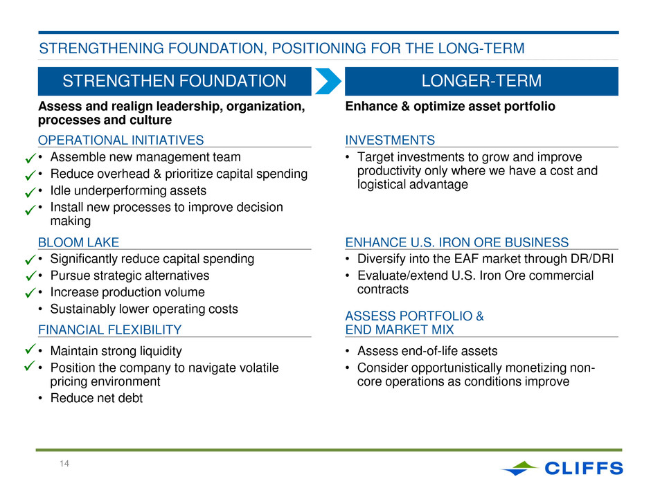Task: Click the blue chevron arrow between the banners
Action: (328, 81)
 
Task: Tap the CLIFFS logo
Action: (562, 468)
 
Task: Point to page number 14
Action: (64, 464)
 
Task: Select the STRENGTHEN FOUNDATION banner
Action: (175, 82)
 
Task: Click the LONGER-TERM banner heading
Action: (481, 81)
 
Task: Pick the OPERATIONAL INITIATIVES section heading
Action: (121, 141)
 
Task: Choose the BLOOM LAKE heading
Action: (78, 242)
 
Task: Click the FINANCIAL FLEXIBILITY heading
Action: (109, 330)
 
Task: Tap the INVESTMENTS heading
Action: (390, 141)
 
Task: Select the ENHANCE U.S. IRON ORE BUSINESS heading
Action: (456, 242)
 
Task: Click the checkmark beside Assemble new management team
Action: (30, 158)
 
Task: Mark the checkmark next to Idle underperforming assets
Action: (30, 192)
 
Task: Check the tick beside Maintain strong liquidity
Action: (30, 349)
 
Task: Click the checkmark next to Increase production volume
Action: (30, 293)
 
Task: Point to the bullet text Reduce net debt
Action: (96, 399)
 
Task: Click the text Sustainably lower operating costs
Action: (144, 309)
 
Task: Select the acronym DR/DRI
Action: (592, 259)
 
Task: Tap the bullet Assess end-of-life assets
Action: (427, 351)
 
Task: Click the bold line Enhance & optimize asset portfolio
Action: (450, 107)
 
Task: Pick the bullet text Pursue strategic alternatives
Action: (130, 275)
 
